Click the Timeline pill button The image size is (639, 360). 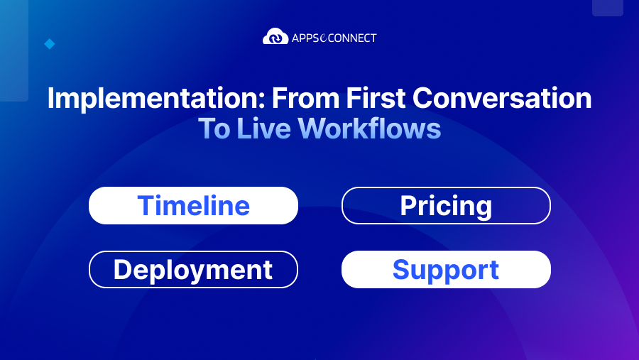pyautogui.click(x=193, y=206)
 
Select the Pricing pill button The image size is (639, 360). pyautogui.click(x=446, y=206)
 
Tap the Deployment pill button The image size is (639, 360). pyautogui.click(x=193, y=270)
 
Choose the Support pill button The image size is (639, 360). pyautogui.click(x=446, y=270)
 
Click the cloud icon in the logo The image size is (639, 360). pyautogui.click(x=275, y=36)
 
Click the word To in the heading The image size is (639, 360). pyautogui.click(x=212, y=129)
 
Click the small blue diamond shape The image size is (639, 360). pyautogui.click(x=50, y=44)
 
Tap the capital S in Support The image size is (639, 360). pyautogui.click(x=402, y=270)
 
